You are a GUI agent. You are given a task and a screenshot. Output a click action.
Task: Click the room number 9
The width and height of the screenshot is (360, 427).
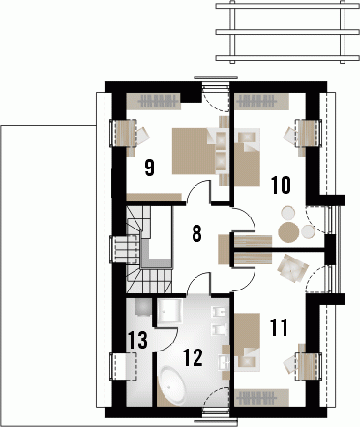[x=149, y=168]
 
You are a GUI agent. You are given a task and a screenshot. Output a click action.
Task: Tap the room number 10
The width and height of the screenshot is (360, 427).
[x=281, y=185]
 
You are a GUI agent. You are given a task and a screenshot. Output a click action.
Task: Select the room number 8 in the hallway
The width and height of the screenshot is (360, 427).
[x=196, y=233]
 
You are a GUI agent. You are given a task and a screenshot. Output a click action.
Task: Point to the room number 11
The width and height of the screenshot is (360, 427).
[x=278, y=327]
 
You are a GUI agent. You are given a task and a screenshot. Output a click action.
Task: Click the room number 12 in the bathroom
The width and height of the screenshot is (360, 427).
[x=193, y=357]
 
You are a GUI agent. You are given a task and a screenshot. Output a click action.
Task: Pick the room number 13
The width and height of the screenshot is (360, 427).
[x=137, y=340]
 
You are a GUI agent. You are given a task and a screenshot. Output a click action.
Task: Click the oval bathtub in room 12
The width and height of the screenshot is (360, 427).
[x=172, y=383]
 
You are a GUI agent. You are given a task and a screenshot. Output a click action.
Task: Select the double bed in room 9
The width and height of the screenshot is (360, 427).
[x=194, y=151]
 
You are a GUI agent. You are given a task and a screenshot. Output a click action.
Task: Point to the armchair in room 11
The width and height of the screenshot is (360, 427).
[x=291, y=267]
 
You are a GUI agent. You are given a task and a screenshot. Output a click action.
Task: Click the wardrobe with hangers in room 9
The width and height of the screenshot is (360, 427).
[x=153, y=102]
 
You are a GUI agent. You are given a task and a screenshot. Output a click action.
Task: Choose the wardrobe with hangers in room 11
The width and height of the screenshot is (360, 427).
[x=261, y=397]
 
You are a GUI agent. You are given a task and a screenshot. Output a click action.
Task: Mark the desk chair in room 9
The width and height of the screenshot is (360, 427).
[x=143, y=136]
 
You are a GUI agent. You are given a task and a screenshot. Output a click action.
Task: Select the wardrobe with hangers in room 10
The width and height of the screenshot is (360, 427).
[x=261, y=102]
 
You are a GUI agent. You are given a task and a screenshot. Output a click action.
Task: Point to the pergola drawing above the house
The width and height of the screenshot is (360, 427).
[x=287, y=32]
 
